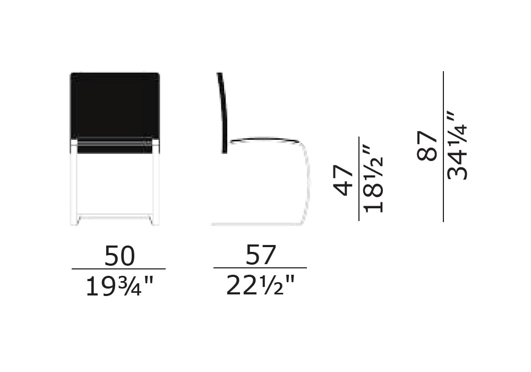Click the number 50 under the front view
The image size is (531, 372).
coord(119,256)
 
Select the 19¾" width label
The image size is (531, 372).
coord(119,286)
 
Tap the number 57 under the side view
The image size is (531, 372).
coord(261,255)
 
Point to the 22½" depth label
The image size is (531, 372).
coord(260,285)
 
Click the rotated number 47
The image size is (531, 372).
coord(344,181)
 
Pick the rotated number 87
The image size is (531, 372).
coord(427,146)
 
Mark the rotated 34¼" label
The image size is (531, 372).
coord(457,145)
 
